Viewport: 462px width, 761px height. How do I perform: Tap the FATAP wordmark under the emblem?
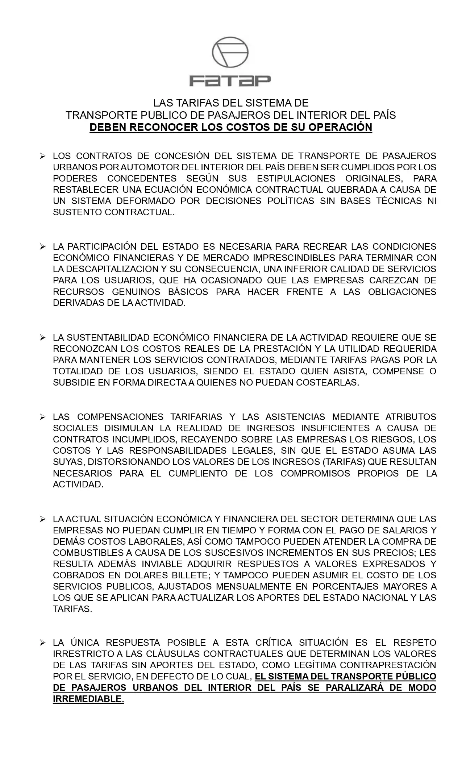point(230,80)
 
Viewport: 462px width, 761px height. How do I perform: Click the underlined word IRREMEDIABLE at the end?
point(88,699)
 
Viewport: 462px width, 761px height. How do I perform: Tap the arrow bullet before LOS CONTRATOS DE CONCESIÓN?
point(43,156)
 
